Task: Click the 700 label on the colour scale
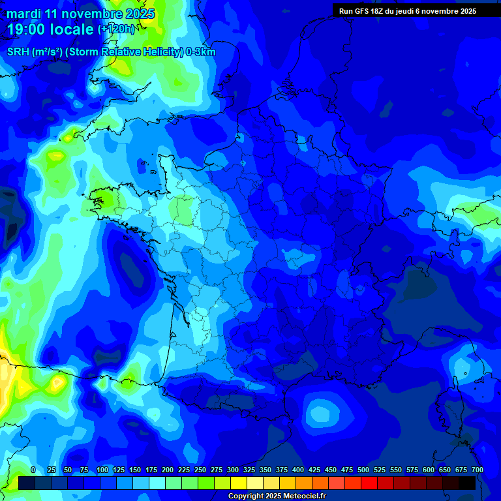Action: point(478,470)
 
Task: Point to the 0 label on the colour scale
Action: point(33,470)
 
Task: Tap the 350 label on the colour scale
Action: point(266,470)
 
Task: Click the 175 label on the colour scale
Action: point(151,470)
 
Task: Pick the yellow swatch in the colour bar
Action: point(238,483)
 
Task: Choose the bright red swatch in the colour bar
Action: point(369,483)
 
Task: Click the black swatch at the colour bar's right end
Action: point(466,483)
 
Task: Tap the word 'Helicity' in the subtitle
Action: point(161,52)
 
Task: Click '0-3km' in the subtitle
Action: point(201,52)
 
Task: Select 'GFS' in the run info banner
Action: point(364,11)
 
